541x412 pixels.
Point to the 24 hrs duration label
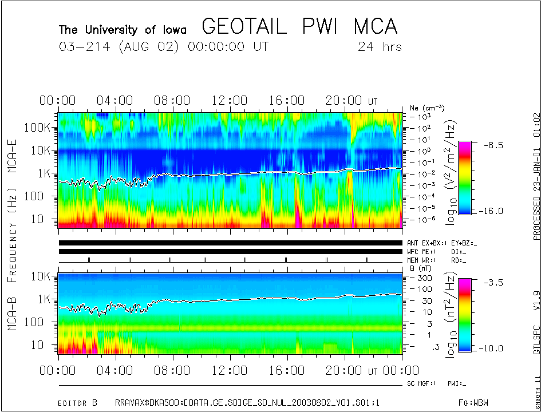[x=380, y=47]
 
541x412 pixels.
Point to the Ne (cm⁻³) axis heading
[x=427, y=108]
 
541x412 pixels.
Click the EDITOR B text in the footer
[x=77, y=403]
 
